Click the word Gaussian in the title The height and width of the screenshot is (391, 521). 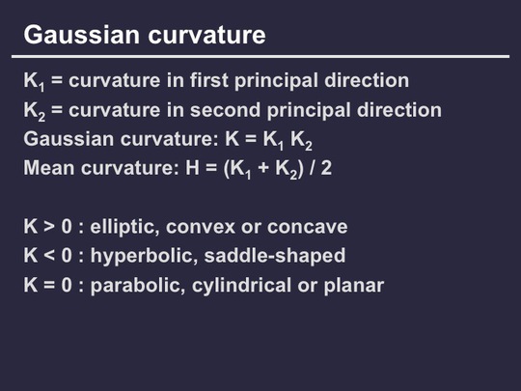coord(81,35)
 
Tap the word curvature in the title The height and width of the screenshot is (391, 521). coord(206,35)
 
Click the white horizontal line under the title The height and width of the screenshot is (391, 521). coord(260,57)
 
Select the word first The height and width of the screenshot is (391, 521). coord(209,80)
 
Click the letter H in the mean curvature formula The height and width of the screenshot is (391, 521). coord(192,168)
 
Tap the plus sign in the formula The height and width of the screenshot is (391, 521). coord(263,168)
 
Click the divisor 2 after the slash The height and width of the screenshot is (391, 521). coord(326,168)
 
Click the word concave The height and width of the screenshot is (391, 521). coord(308,227)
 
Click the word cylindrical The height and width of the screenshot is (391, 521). coord(241,286)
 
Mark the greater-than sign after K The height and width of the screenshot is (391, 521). coord(49,227)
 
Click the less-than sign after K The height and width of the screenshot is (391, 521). coord(49,256)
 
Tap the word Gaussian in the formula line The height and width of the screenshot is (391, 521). coord(69,139)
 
